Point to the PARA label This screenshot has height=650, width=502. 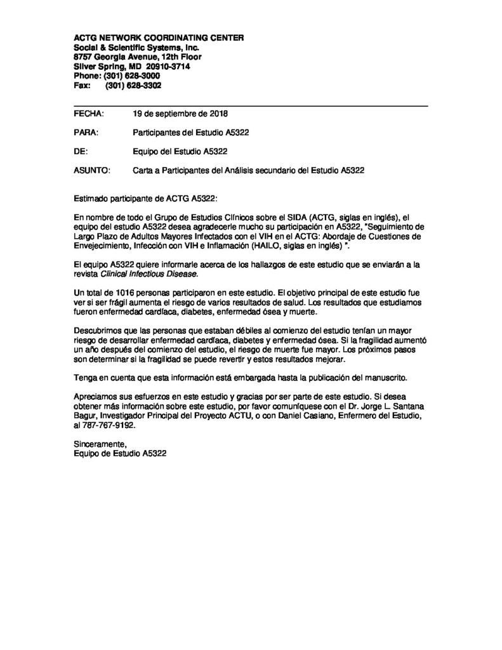click(x=86, y=133)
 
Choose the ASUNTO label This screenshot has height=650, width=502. click(x=93, y=170)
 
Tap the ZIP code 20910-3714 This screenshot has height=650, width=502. click(x=168, y=66)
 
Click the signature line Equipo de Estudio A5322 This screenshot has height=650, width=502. click(x=121, y=454)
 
